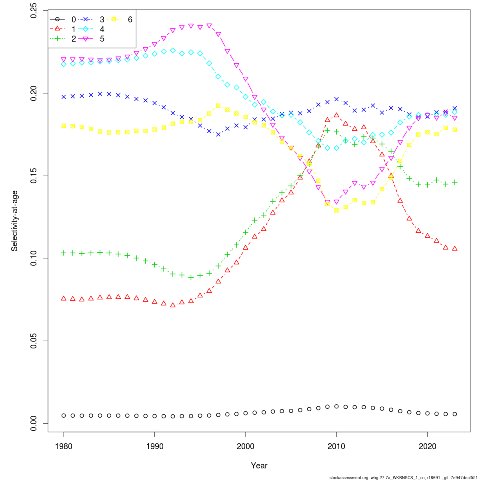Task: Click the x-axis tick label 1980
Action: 64,446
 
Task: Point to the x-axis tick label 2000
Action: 246,446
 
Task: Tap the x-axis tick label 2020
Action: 428,446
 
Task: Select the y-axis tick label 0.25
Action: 34,11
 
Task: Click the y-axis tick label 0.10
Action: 34,258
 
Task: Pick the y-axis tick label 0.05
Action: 34,341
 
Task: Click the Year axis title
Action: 259,466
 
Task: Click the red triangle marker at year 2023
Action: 455,248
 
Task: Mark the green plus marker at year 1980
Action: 64,253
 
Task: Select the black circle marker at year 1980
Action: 64,416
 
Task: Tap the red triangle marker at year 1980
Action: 64,298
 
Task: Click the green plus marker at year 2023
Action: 455,182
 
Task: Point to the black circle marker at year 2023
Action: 455,414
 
